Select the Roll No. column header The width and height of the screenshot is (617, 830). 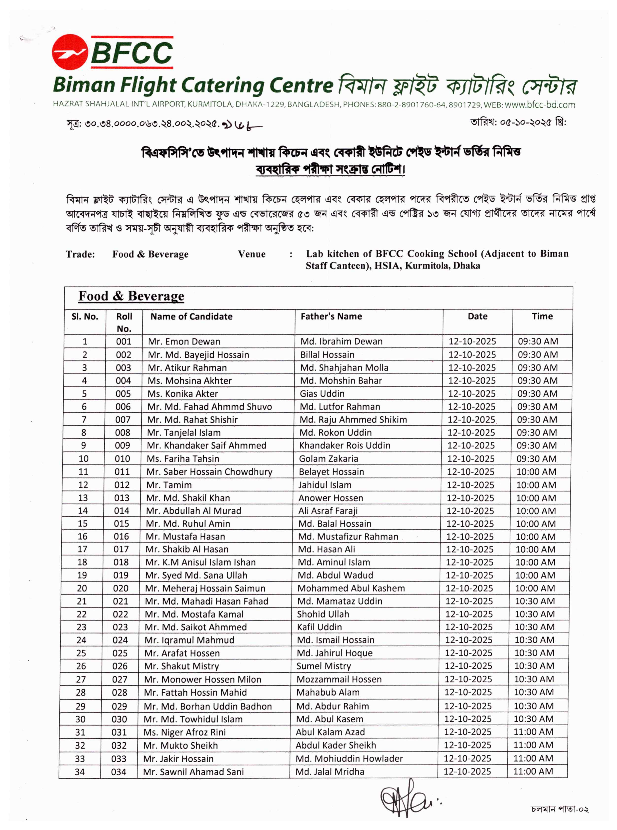tap(124, 322)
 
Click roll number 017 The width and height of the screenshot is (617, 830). tap(121, 549)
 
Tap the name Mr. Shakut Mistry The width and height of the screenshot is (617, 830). tap(182, 666)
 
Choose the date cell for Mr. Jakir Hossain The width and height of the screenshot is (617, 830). tap(467, 758)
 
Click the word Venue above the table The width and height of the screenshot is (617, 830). tap(252, 254)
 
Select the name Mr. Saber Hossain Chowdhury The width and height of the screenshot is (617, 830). tap(210, 472)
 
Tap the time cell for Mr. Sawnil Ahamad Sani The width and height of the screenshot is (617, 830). tap(533, 771)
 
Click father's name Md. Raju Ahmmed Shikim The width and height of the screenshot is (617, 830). tap(353, 420)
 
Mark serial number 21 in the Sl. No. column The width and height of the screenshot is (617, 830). tap(82, 601)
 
